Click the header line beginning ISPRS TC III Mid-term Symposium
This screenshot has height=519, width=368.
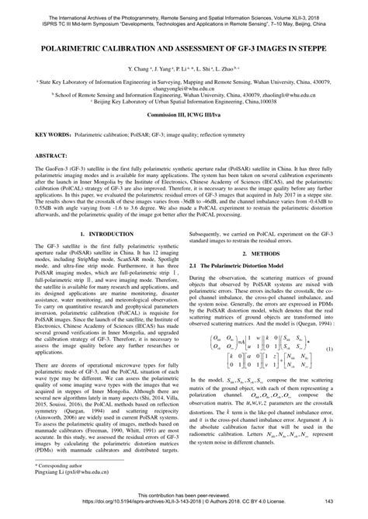click(x=184, y=15)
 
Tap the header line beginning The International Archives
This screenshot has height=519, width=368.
click(x=184, y=7)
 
